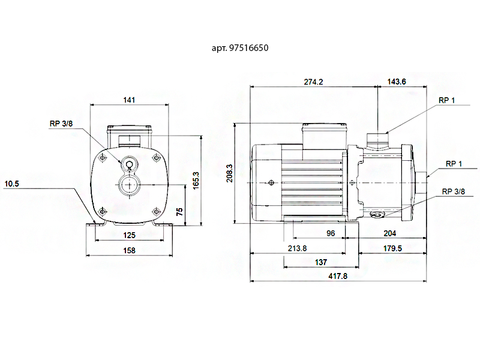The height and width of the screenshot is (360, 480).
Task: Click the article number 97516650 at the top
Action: [x=249, y=48]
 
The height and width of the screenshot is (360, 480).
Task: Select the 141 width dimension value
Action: [x=129, y=100]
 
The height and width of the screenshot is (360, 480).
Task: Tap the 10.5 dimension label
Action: [x=12, y=184]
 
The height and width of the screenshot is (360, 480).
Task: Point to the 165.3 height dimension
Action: [x=196, y=181]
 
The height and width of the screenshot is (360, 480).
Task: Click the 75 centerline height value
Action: [x=179, y=212]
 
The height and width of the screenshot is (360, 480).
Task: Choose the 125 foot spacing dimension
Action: [x=129, y=235]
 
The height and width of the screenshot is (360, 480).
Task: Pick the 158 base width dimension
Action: [x=129, y=250]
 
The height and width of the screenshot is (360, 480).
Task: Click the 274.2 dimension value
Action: [x=313, y=82]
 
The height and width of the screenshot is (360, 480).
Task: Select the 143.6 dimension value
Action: [x=397, y=82]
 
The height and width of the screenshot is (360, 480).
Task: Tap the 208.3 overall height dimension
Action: [x=230, y=173]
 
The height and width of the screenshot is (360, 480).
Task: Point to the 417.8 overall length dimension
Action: [x=338, y=276]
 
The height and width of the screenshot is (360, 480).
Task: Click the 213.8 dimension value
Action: [x=297, y=248]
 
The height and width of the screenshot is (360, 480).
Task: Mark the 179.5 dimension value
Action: [x=393, y=248]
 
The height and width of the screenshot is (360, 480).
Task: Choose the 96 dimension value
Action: [x=331, y=233]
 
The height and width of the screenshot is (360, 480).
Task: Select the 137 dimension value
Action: [x=321, y=262]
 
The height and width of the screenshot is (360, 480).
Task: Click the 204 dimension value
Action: [x=390, y=233]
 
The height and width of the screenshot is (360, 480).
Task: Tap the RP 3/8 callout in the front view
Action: [x=61, y=124]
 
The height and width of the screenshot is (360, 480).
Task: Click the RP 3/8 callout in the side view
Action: [x=454, y=191]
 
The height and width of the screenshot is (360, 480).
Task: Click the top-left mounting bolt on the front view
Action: [x=103, y=158]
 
